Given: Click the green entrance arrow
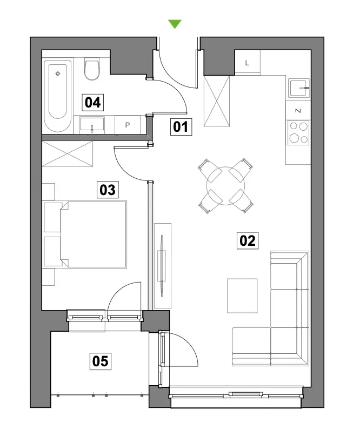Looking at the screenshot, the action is point(175,24).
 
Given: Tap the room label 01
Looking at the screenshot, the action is point(181,126).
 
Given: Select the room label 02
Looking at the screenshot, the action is point(247,241).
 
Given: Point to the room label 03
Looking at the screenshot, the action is point(108,190).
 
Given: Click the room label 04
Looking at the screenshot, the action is point(92,102).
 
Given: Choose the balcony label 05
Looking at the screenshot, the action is point(101,361).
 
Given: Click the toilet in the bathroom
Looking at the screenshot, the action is point(92,69).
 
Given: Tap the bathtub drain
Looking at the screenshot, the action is point(58,73).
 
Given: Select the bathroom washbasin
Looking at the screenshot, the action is point(92,125).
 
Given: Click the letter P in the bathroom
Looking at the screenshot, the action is point(128,125).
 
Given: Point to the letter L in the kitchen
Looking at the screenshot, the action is point(247,63).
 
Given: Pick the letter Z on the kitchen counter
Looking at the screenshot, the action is point(298,111).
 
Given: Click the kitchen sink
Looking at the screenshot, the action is point(299,88).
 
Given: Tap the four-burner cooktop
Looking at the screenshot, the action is point(299,132).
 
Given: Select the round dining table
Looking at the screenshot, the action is point(225,186).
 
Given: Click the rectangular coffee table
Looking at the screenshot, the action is point(242,296).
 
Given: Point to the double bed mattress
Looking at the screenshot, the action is point(94,234).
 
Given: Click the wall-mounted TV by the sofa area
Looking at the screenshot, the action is point(162,266).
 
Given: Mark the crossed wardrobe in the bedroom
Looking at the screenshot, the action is point(67,153).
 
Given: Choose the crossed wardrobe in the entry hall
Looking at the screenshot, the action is point(217,101).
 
